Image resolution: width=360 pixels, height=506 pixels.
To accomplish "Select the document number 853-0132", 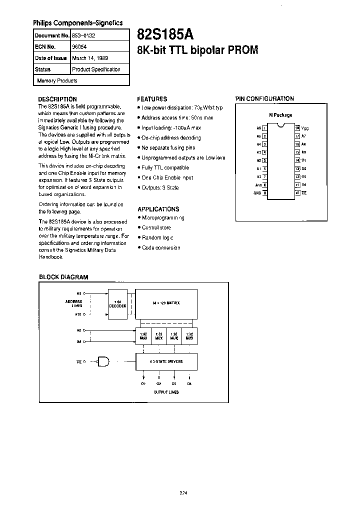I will (83, 36).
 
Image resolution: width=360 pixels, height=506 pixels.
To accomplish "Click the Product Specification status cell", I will (96, 69).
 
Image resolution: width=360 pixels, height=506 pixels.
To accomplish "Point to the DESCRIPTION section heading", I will (58, 99).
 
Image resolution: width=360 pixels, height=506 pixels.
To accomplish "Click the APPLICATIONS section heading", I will (158, 209).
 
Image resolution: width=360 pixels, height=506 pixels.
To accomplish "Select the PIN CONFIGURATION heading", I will (264, 98).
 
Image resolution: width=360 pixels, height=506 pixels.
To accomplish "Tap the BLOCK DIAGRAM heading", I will (63, 276).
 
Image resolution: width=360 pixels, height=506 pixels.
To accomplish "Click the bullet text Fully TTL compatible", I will (165, 168).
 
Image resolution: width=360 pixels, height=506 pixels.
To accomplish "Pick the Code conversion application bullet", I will (161, 247).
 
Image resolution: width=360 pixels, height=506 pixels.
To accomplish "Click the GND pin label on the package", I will (257, 192).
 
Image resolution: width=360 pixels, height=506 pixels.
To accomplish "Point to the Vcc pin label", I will (304, 128).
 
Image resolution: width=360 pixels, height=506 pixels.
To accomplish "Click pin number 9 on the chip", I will (264, 192).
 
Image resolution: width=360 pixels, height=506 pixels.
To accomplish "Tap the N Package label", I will (280, 115).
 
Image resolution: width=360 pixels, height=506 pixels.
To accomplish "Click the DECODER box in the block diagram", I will (118, 306).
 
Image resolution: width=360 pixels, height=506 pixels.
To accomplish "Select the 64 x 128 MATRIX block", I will (166, 303).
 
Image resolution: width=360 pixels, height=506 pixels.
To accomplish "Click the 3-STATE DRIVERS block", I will (166, 360).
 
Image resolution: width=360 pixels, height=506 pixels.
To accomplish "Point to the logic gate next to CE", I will (104, 360).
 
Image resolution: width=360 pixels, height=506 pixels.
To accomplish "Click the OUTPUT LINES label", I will (166, 392).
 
